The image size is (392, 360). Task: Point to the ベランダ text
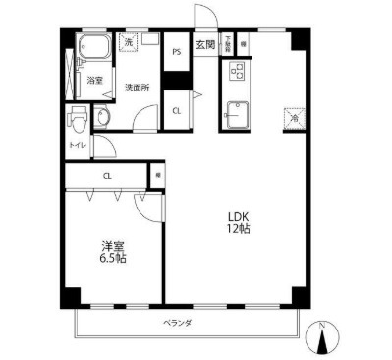click(177, 323)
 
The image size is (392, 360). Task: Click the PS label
click(177, 50)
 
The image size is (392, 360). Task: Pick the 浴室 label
click(94, 80)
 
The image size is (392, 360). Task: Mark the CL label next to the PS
click(177, 109)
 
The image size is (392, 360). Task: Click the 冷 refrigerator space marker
click(294, 117)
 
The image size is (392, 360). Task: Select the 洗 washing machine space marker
click(129, 44)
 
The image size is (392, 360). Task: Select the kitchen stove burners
click(237, 71)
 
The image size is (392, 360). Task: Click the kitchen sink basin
click(237, 113)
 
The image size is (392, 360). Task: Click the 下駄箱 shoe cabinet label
click(228, 44)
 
